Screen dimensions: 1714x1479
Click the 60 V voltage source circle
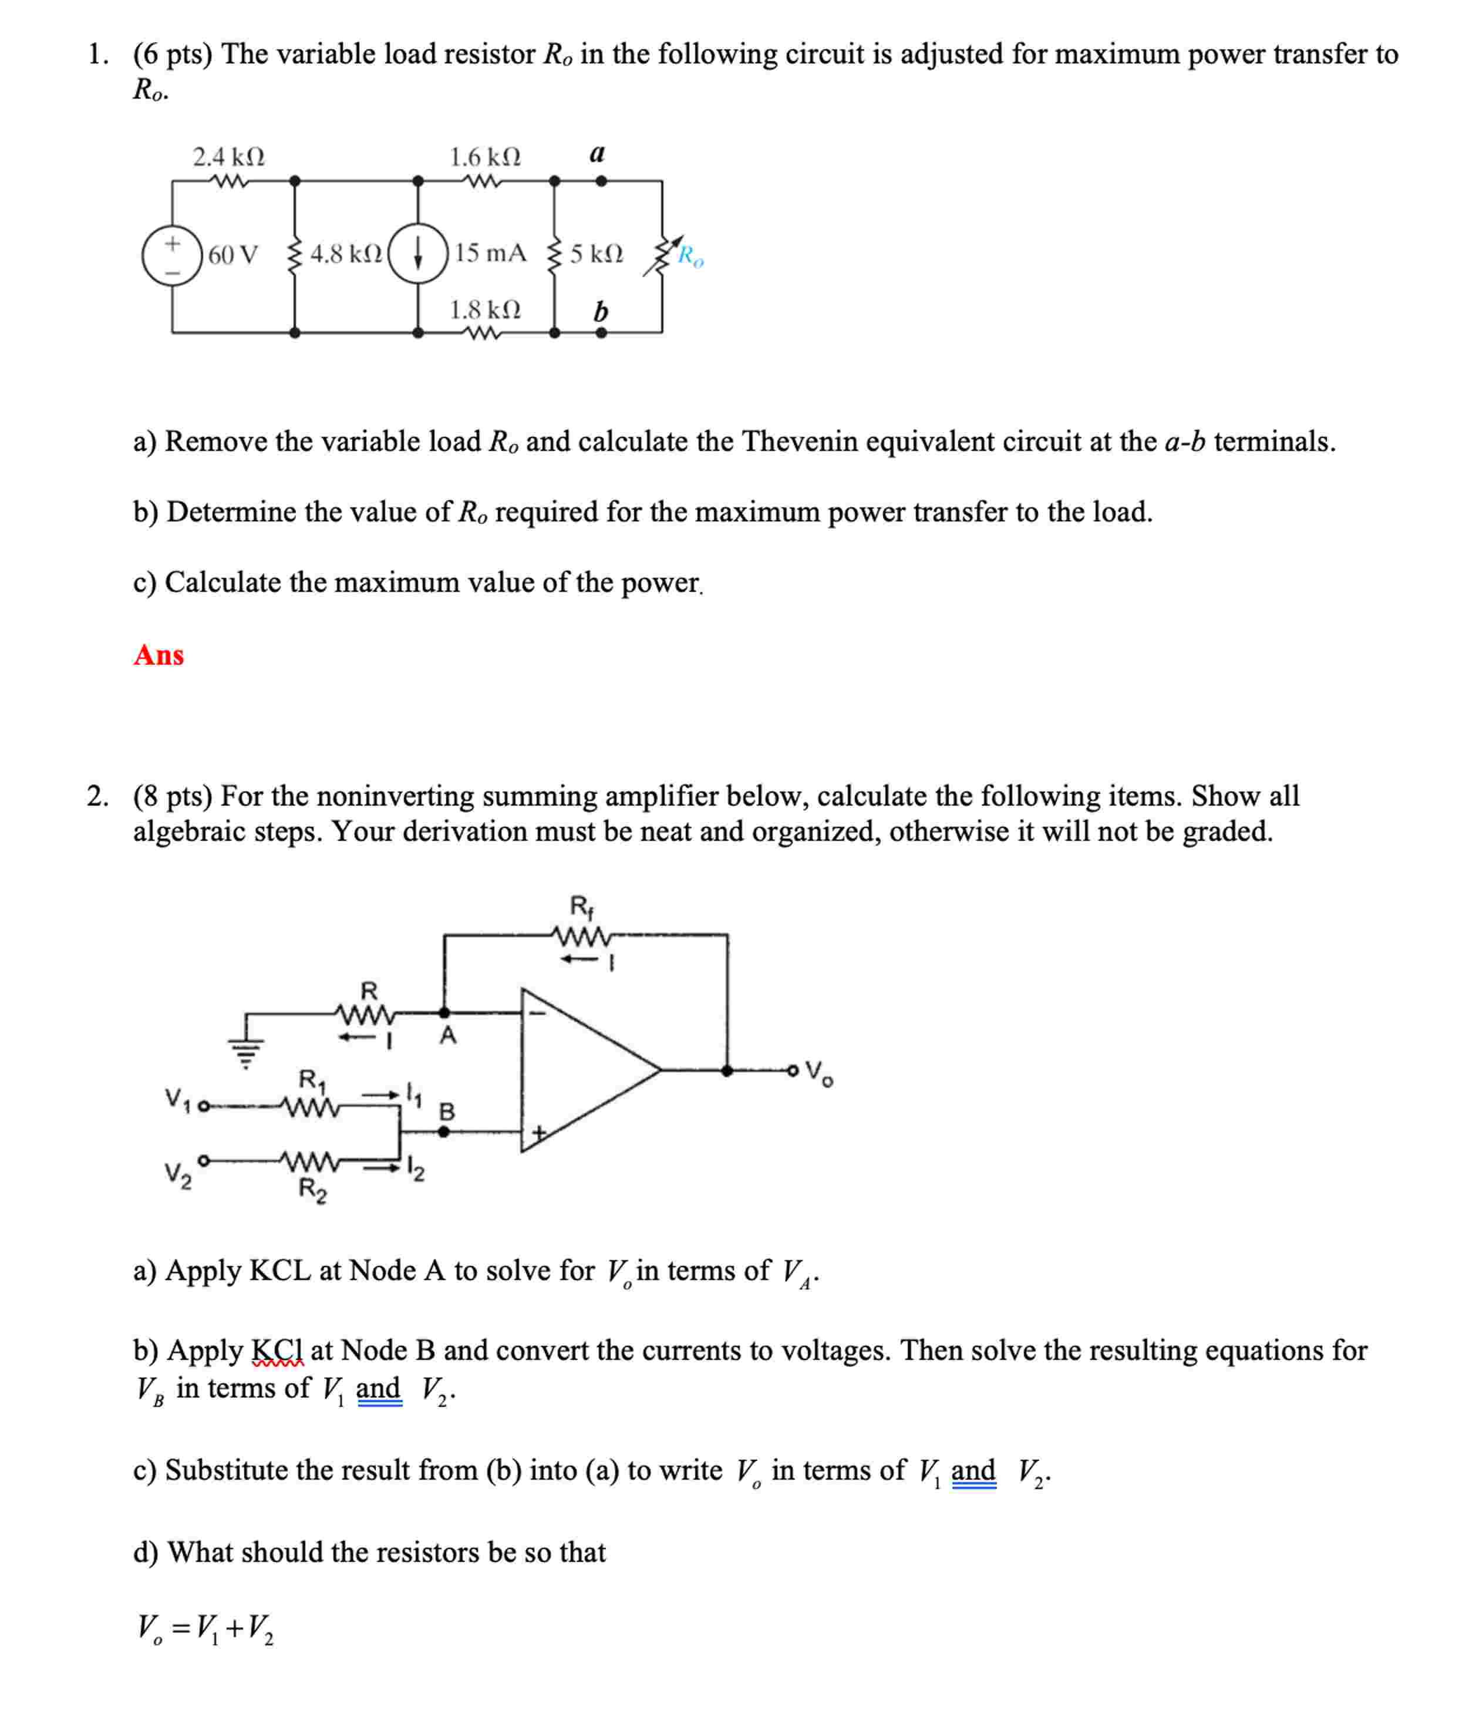(x=172, y=255)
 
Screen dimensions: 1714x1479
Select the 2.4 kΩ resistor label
(x=228, y=156)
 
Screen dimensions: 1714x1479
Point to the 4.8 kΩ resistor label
(x=346, y=253)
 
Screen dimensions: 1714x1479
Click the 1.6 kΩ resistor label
(x=485, y=156)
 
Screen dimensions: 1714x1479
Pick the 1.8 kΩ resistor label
(x=485, y=309)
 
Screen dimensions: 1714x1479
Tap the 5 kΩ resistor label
(x=597, y=253)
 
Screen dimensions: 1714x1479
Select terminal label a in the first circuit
(x=597, y=153)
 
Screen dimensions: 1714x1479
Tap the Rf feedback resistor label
(x=581, y=907)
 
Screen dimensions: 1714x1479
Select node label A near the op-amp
(x=447, y=1035)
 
